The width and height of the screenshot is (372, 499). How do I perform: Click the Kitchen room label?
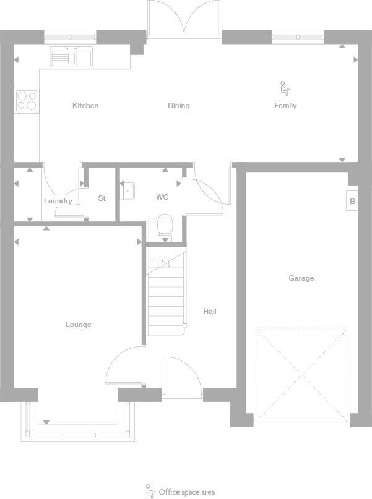[x=85, y=106]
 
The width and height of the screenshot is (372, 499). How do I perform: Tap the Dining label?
[x=178, y=106]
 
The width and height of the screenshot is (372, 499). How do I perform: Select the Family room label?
[x=285, y=106]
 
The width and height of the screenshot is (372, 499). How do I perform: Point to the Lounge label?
[x=79, y=325]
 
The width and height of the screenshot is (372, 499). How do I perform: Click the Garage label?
[x=301, y=278]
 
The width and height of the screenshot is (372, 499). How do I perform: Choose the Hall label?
[x=210, y=312]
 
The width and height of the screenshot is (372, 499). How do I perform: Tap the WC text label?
[x=162, y=197]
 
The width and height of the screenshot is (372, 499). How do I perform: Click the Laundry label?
[x=58, y=201]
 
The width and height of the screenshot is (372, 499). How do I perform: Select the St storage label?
[x=102, y=198]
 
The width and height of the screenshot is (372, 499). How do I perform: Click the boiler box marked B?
[x=352, y=201]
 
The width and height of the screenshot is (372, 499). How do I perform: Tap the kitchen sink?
[x=72, y=57]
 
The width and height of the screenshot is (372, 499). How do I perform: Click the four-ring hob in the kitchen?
[x=26, y=100]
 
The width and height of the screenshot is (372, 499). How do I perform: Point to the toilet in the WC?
[x=165, y=227]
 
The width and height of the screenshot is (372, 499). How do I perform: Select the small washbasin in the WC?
[x=128, y=192]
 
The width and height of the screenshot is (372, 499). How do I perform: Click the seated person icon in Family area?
[x=285, y=88]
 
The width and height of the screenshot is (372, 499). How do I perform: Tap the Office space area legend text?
[x=186, y=492]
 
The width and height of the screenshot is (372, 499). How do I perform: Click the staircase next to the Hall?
[x=166, y=294]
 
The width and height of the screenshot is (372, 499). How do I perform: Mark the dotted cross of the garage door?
[x=302, y=375]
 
